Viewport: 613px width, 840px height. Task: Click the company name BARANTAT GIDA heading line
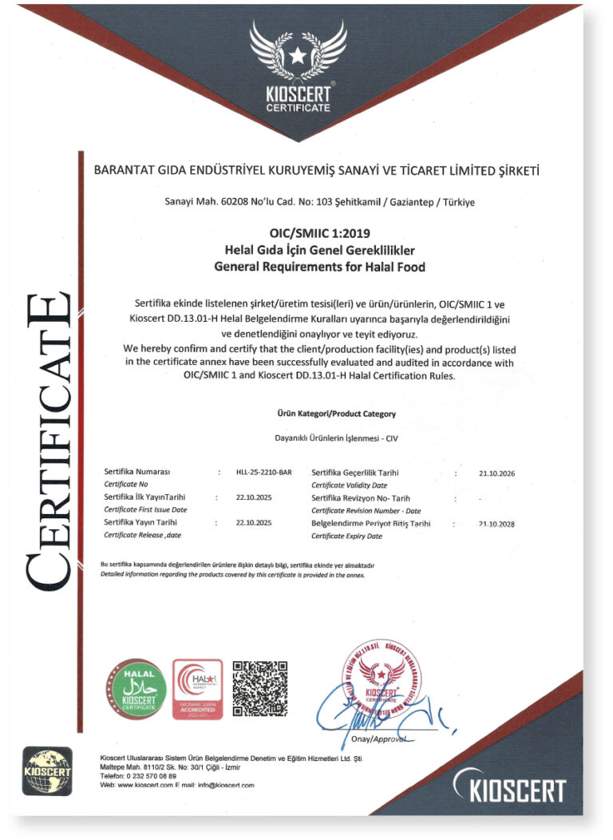click(317, 170)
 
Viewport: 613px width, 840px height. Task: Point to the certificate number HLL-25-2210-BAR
click(264, 473)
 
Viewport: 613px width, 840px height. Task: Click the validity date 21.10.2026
click(496, 473)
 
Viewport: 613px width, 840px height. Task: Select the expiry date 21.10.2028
click(496, 524)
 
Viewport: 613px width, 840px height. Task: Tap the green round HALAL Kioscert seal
click(136, 690)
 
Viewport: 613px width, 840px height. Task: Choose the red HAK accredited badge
click(197, 689)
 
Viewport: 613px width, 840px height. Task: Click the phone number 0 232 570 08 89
click(148, 776)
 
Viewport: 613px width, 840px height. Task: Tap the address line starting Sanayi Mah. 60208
click(319, 202)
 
